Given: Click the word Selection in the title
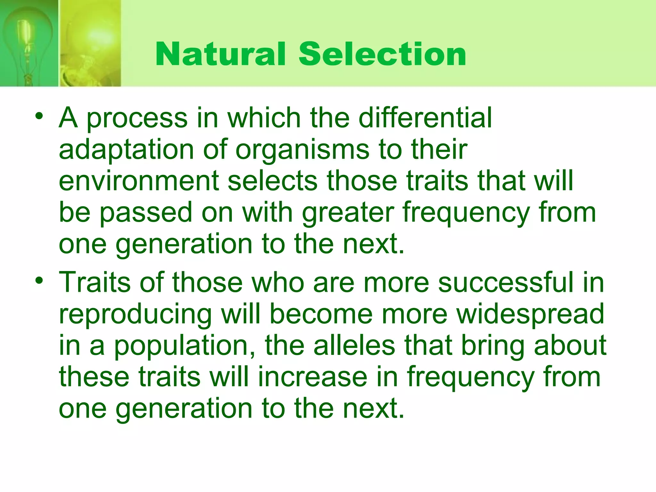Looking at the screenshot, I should point(382,54).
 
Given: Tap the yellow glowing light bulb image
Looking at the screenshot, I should point(90,43).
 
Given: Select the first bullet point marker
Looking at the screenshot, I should point(39,116).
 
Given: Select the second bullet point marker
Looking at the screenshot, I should point(39,281).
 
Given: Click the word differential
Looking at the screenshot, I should point(425,118).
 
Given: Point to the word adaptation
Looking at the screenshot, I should point(127,150).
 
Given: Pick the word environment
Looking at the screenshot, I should point(139,181).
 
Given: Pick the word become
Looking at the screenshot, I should point(321,314).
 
